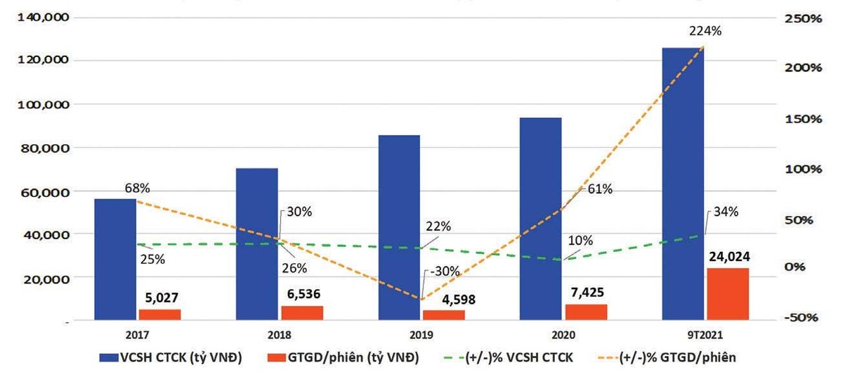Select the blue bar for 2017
pos(115,260)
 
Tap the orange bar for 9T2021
pos(728,294)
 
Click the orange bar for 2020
pos(585,312)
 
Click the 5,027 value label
pos(159,298)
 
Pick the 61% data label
pos(599,189)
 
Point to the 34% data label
pos(724,211)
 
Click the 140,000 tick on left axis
pos(41,17)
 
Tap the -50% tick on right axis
pos(802,318)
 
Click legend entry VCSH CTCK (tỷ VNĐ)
pos(172,358)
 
